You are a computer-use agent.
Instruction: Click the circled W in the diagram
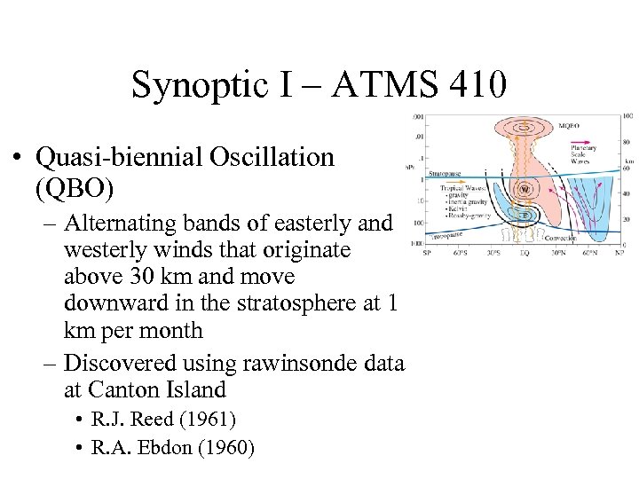[525, 190]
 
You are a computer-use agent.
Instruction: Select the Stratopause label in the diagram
[446, 174]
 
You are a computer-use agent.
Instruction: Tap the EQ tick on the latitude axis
[525, 253]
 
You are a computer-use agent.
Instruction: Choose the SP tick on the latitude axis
[428, 253]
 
